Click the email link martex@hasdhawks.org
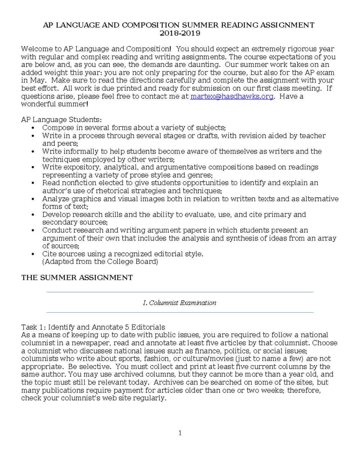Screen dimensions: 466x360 tap(232, 96)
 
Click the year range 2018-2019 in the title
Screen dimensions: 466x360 tap(180, 33)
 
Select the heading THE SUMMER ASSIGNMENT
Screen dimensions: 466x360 tap(77, 278)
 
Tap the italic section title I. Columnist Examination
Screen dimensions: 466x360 tap(180, 303)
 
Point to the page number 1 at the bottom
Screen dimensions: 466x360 tap(180, 433)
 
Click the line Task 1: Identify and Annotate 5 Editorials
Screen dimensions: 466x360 tap(93, 327)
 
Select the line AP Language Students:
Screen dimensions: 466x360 tap(61, 120)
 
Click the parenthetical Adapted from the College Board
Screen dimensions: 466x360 tap(100, 262)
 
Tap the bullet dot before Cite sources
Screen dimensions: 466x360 tap(33, 254)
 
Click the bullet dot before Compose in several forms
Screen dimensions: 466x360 tap(33, 128)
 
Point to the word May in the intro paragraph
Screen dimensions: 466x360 tap(37, 80)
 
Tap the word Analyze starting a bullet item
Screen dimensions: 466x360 tap(56, 199)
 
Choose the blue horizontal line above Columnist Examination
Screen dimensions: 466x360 tap(180, 292)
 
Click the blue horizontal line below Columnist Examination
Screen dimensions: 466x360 tap(180, 312)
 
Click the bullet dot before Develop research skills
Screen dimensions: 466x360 tap(33, 215)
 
